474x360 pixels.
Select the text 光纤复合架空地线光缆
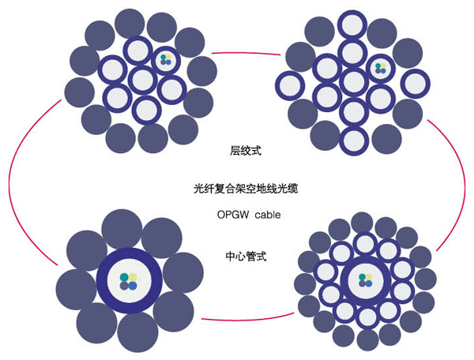pyautogui.click(x=236, y=189)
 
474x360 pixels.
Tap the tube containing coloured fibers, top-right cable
pyautogui.click(x=382, y=68)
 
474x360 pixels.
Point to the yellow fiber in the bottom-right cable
pyautogui.click(x=370, y=276)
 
